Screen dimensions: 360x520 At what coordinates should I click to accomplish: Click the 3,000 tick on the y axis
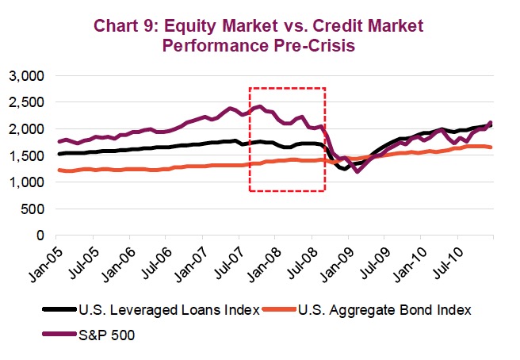pyautogui.click(x=28, y=76)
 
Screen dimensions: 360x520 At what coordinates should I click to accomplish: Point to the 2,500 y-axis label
pyautogui.click(x=28, y=102)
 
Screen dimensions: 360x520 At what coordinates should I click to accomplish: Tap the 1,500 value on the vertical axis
pyautogui.click(x=28, y=156)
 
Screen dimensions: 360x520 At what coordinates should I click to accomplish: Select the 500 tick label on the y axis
pyautogui.click(x=34, y=209)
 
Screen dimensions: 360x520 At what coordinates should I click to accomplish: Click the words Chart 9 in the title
pyautogui.click(x=125, y=25)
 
